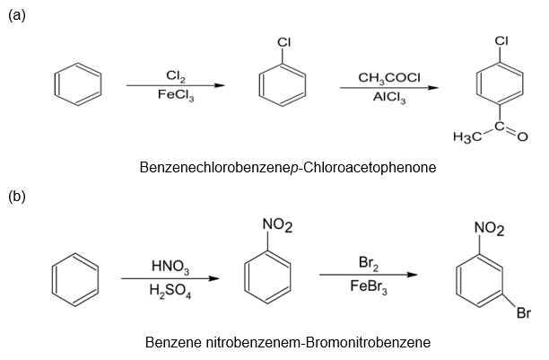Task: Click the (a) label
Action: coord(16,15)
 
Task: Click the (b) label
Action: coord(16,195)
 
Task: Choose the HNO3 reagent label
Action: coord(169,268)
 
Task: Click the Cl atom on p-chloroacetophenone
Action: coord(501,40)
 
